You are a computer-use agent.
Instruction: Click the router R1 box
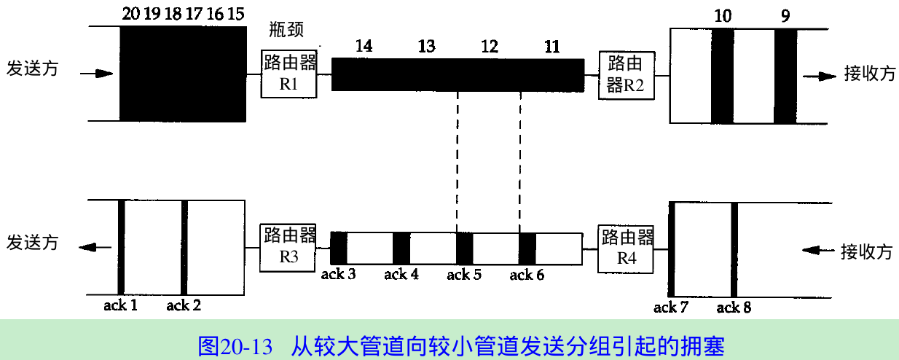[289, 74]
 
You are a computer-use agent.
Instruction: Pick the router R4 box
[626, 248]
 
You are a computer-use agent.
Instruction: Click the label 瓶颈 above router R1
[286, 30]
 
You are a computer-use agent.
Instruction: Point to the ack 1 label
[120, 305]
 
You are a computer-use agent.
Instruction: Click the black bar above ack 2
[184, 247]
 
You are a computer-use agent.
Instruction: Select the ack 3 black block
[339, 247]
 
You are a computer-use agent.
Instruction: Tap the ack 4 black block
[401, 247]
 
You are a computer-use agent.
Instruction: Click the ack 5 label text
[464, 275]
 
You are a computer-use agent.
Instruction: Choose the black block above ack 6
[527, 247]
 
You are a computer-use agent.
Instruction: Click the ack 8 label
[734, 308]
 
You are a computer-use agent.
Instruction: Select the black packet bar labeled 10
[723, 76]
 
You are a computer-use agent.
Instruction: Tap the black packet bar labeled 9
[785, 76]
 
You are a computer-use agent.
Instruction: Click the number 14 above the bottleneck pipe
[364, 47]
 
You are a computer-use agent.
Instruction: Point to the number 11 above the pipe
[552, 47]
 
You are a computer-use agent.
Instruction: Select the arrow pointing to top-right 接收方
[818, 76]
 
